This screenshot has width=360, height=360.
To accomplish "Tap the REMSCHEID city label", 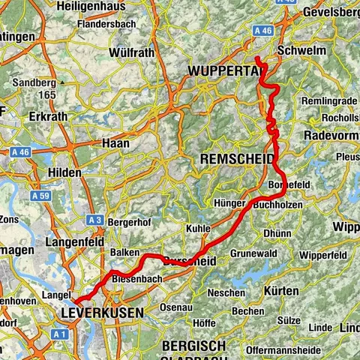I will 233,159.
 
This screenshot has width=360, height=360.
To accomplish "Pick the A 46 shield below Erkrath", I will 20,151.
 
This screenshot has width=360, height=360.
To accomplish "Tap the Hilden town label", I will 64,172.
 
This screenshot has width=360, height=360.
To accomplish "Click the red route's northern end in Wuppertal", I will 257,58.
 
